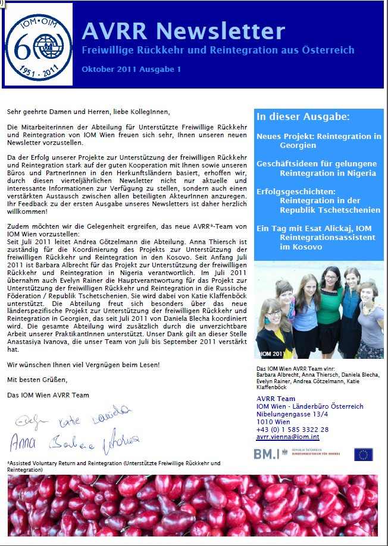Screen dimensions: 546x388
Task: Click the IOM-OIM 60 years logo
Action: tap(37, 45)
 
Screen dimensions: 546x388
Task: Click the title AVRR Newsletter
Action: tap(183, 30)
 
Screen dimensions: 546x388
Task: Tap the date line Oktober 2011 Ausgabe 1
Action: tap(131, 70)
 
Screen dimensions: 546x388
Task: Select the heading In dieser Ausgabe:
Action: tap(303, 116)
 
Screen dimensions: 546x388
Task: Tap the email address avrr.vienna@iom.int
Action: tap(288, 437)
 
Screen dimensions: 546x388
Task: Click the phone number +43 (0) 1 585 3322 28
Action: tap(292, 429)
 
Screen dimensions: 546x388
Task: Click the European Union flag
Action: tap(363, 455)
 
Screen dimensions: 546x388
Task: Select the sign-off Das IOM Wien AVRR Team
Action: tap(48, 394)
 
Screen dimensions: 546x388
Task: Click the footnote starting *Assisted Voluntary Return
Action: tap(113, 466)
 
